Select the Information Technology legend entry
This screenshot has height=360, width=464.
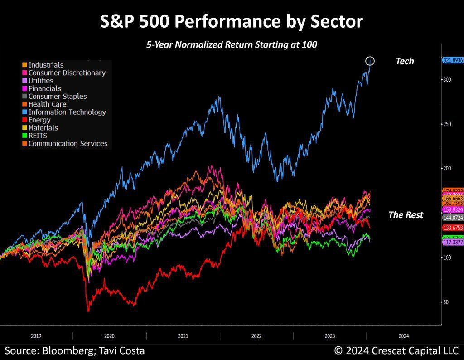tap(67, 112)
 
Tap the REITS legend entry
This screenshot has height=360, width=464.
tap(38, 136)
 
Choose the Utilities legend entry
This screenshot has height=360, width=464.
tap(41, 81)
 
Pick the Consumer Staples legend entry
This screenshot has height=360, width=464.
tap(57, 96)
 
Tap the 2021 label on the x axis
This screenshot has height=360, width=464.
tap(183, 336)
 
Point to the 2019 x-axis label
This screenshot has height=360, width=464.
tap(36, 336)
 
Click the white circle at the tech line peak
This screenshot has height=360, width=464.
tap(370, 61)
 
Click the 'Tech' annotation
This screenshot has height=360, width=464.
tap(405, 61)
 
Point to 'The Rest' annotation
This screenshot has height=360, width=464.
tap(406, 215)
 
